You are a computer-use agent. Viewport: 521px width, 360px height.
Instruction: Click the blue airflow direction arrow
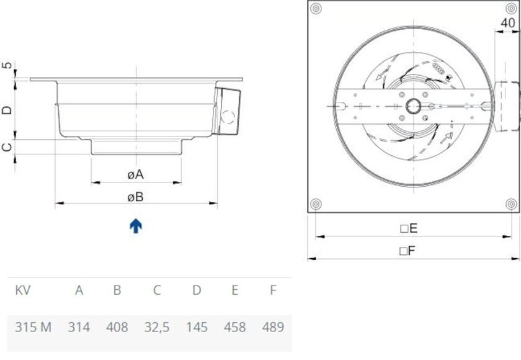136,226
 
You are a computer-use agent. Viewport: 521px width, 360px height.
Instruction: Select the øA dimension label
135,175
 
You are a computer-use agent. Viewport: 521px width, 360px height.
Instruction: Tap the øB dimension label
135,197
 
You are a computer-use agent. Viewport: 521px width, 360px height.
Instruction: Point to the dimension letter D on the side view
7,110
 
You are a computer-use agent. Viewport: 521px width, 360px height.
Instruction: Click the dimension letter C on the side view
7,147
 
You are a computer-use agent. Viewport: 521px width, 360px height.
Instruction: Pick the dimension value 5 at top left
7,66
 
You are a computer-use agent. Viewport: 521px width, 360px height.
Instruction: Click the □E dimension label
409,228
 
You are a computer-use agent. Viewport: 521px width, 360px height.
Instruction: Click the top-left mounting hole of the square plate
316,9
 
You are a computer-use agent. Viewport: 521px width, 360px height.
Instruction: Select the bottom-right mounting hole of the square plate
512,204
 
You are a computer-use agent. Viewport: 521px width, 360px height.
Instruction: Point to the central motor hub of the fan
414,107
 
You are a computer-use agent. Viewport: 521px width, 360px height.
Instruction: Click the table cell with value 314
79,327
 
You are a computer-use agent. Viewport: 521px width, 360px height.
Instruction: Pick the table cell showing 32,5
156,327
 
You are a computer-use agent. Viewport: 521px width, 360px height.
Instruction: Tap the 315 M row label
33,327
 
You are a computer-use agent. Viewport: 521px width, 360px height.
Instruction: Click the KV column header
23,290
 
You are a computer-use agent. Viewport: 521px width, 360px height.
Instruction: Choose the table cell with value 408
117,327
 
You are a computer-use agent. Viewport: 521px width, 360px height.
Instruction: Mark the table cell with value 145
197,327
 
